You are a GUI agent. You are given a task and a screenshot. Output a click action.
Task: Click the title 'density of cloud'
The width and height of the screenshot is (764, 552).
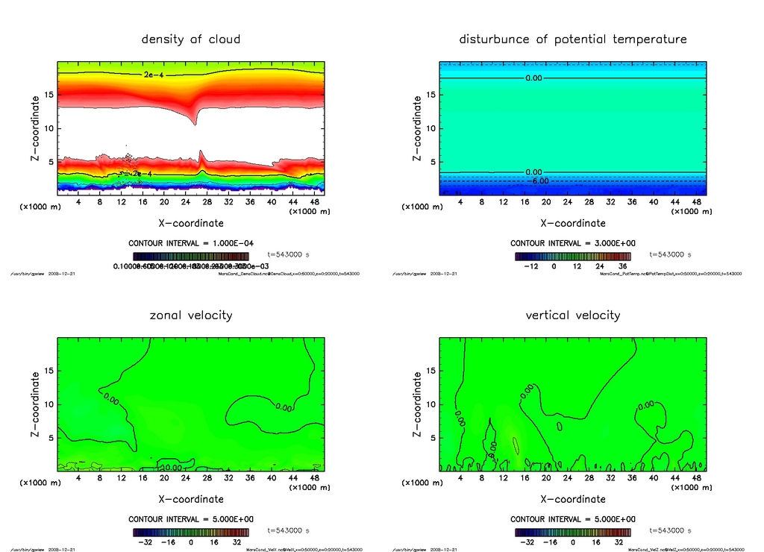[191, 39]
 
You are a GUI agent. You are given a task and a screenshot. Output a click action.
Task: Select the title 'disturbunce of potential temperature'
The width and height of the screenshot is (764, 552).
[573, 39]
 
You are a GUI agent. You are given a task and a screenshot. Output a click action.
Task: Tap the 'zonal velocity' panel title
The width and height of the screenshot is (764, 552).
[191, 315]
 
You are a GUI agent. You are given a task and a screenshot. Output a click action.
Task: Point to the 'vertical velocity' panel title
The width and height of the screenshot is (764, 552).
[573, 315]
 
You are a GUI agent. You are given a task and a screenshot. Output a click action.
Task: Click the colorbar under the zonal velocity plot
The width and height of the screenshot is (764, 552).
[191, 533]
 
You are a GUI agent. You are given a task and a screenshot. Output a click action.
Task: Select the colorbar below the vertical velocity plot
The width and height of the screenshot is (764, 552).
[573, 533]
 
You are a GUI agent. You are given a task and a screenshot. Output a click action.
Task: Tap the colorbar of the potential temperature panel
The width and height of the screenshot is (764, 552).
[573, 256]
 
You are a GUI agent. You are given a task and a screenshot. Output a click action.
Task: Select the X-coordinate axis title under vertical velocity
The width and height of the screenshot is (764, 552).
[573, 499]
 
